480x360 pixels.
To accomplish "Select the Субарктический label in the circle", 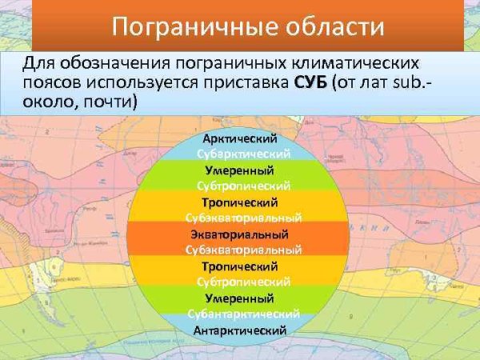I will pyautogui.click(x=242, y=154).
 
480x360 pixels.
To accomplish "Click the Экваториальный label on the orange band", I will pyautogui.click(x=239, y=234).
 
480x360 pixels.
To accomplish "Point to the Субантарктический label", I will pyautogui.click(x=244, y=314).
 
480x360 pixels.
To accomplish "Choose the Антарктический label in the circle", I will pyautogui.click(x=239, y=329).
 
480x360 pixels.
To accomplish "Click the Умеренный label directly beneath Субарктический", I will pyautogui.click(x=239, y=170).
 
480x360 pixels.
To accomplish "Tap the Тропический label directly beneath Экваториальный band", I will pyautogui.click(x=239, y=266).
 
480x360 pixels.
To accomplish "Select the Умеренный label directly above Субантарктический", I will pyautogui.click(x=239, y=298).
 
